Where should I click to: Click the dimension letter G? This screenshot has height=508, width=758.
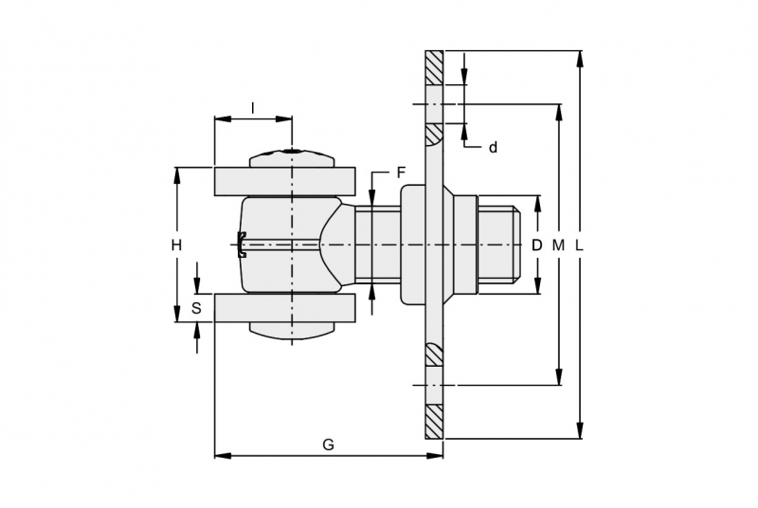328,444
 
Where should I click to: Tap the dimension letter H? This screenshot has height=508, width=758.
177,245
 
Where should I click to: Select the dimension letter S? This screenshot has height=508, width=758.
196,308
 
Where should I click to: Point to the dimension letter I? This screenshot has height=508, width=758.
252,108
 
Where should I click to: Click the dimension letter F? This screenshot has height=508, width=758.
401,172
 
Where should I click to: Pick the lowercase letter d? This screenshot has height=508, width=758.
493,148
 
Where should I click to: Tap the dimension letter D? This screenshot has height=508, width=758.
536,245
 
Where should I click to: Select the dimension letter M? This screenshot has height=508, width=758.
558,245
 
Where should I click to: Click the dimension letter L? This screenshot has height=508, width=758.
580,245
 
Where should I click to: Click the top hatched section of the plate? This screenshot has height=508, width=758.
434,67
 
